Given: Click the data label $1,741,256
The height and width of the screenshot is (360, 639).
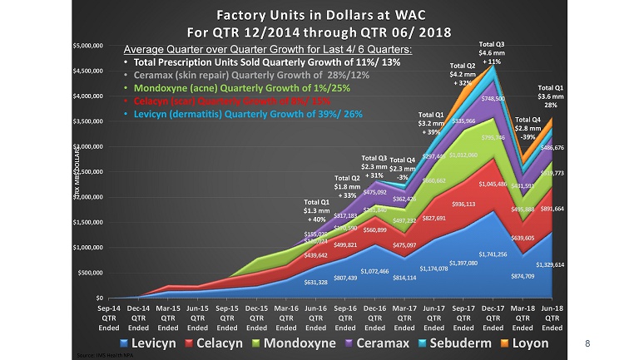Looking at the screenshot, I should pos(493,254).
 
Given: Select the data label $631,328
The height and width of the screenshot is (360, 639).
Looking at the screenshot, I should pos(285,283).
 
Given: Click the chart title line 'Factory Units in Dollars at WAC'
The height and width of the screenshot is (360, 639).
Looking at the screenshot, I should pos(319,15).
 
